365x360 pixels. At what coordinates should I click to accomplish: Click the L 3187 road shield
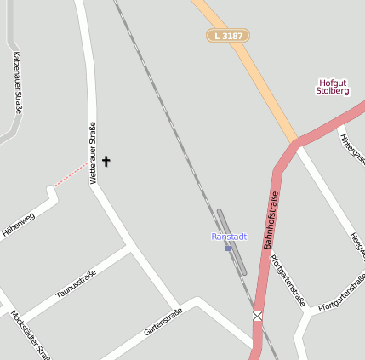[228, 36]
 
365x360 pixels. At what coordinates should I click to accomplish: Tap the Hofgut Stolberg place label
[333, 86]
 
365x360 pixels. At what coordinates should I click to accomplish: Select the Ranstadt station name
[228, 237]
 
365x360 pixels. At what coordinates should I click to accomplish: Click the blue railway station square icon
[228, 248]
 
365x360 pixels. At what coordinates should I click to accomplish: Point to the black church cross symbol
[106, 161]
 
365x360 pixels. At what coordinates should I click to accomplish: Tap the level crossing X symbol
[257, 317]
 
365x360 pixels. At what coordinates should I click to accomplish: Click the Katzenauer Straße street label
[17, 83]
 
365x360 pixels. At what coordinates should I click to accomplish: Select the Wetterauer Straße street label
[93, 153]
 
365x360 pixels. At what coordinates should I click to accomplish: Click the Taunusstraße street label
[77, 284]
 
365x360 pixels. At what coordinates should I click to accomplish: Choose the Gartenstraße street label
[163, 321]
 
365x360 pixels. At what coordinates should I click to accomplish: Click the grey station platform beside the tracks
[231, 242]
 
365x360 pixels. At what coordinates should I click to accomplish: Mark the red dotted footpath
[71, 174]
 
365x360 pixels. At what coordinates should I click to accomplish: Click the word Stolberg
[333, 91]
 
